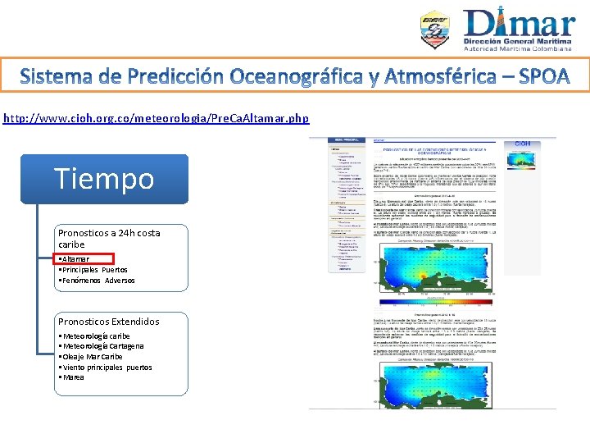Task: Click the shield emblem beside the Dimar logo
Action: tap(435, 30)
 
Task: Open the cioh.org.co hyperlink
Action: tap(157, 118)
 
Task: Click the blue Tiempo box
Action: tap(104, 178)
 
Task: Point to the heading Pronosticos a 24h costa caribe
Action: tap(108, 239)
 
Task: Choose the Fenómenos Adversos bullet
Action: tap(96, 281)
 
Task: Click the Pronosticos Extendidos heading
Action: tap(108, 322)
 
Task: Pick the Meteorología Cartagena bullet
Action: tap(100, 346)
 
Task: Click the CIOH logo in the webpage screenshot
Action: tap(521, 144)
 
